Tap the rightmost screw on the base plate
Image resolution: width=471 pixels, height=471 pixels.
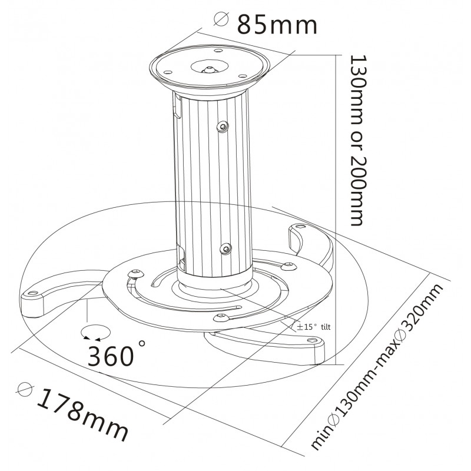coord(288,266)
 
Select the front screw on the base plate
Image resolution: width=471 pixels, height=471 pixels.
coord(222,319)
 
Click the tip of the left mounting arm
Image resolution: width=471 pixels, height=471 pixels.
coord(32,297)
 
